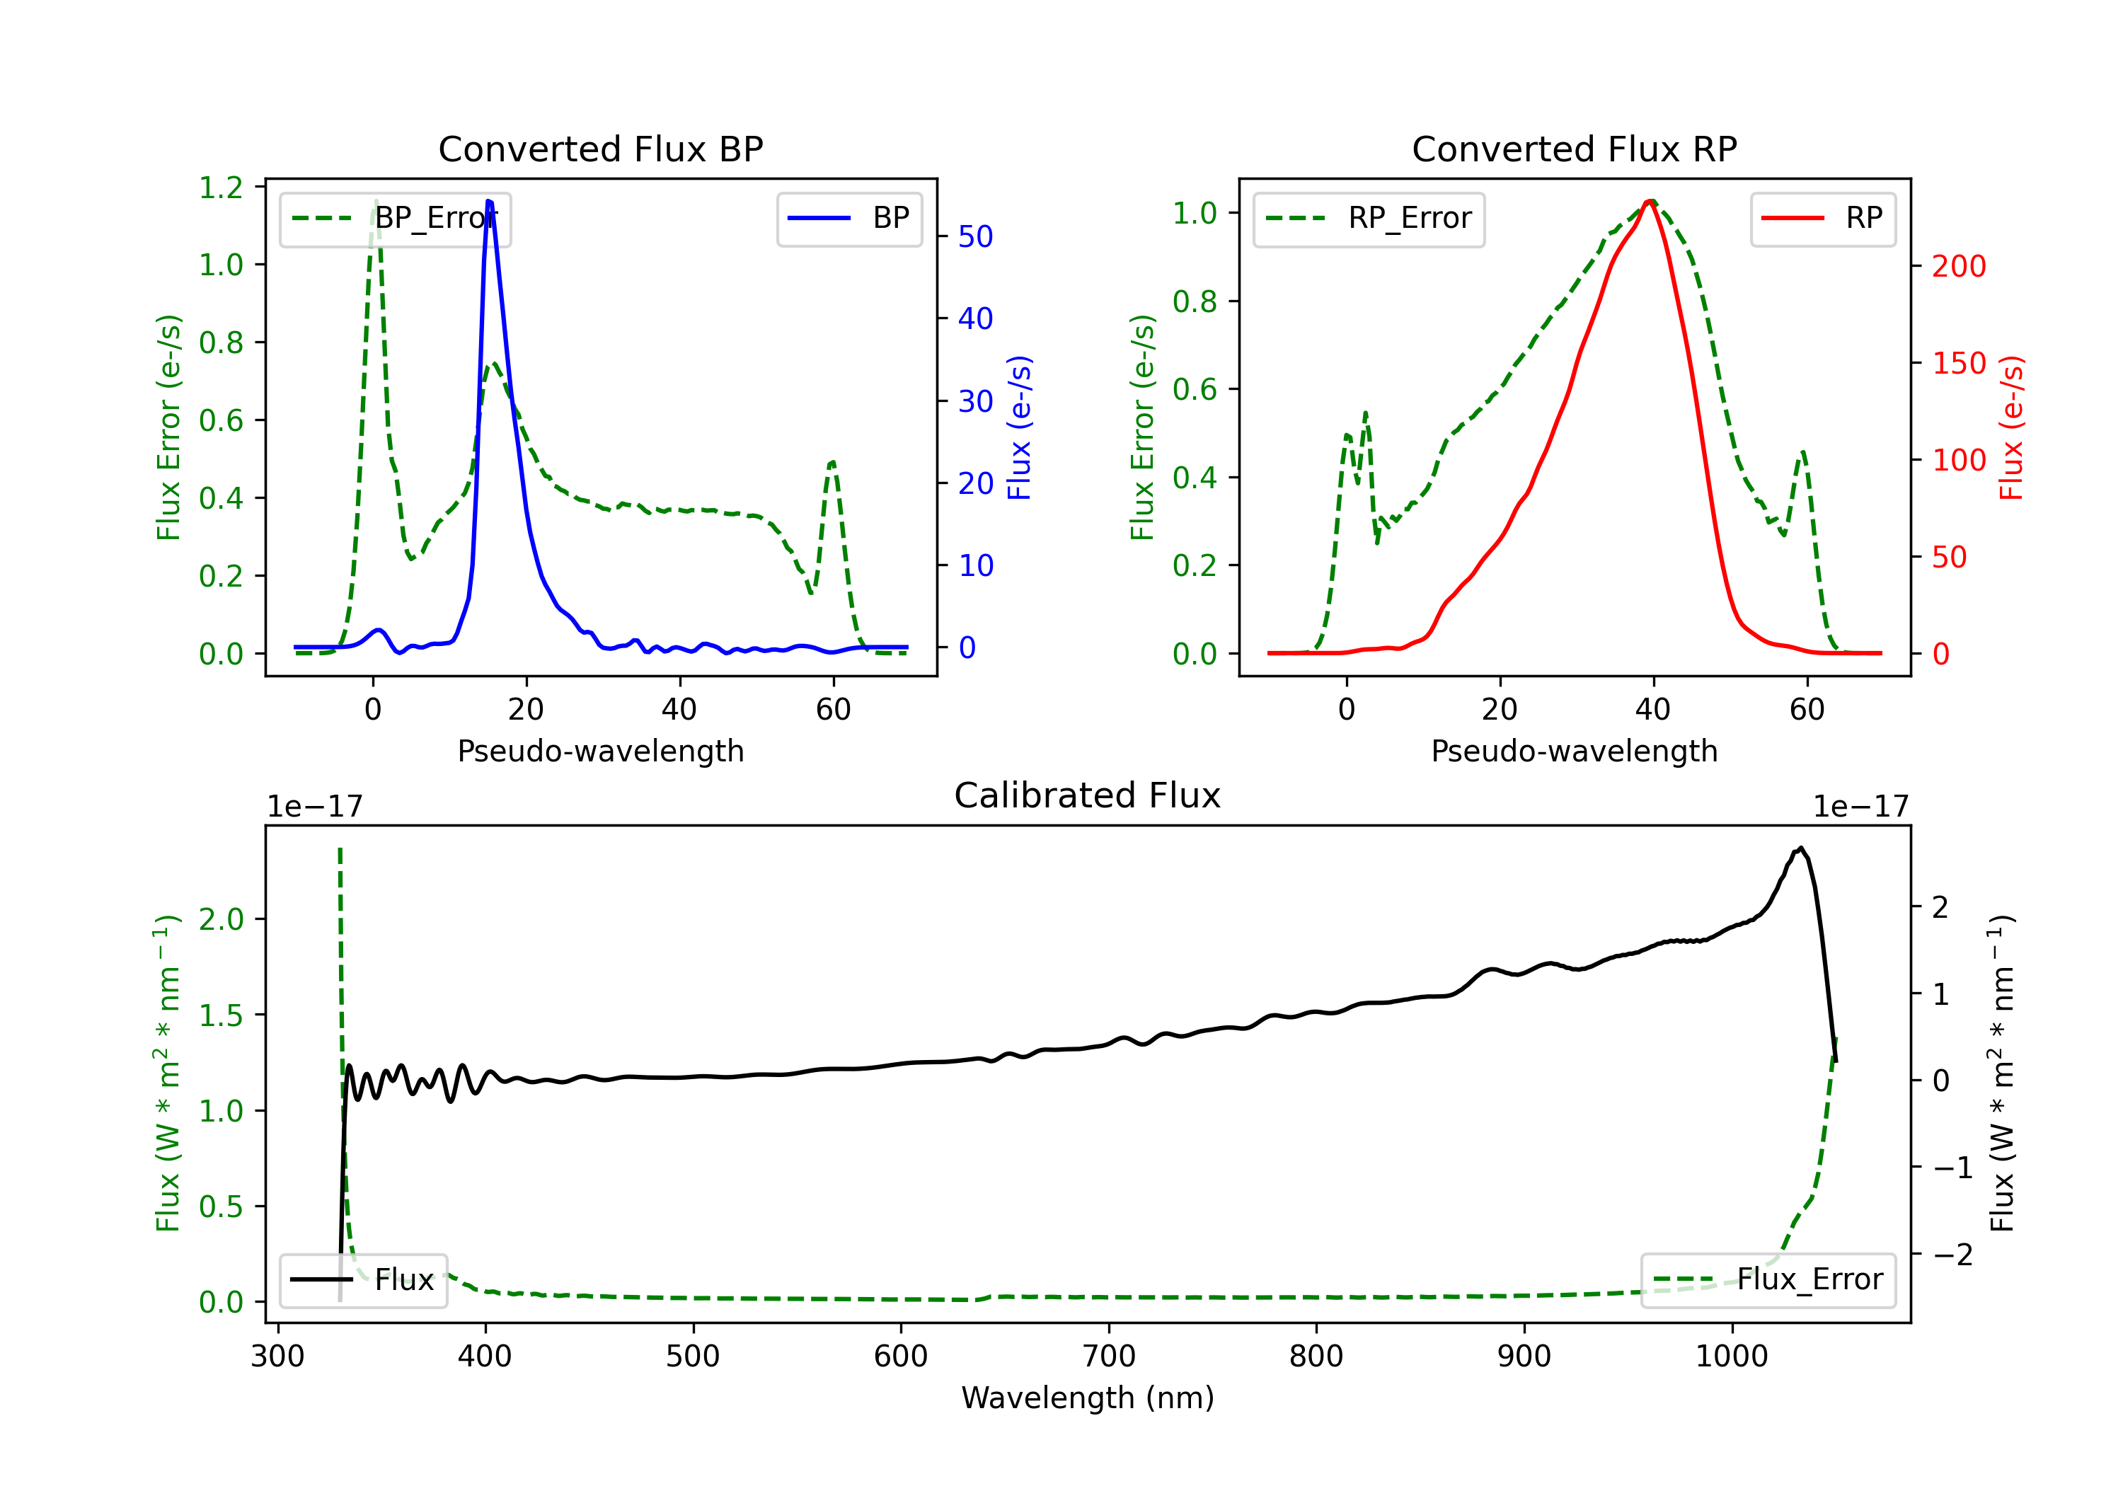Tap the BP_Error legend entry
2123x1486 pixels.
(395, 218)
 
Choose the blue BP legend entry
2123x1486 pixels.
(848, 218)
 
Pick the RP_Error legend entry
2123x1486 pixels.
(1369, 218)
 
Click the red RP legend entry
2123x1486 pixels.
(1822, 218)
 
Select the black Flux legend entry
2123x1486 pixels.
(364, 1280)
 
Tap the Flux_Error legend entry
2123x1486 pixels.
(1768, 1280)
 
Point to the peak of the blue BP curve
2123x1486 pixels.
(489, 202)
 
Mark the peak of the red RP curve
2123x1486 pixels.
(1650, 201)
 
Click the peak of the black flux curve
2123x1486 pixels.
(1800, 848)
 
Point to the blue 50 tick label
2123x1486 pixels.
(974, 237)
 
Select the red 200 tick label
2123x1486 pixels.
(1958, 266)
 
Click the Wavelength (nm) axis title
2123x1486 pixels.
(1088, 1398)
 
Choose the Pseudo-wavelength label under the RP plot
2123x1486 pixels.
(1574, 751)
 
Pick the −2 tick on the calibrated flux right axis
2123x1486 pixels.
(1952, 1255)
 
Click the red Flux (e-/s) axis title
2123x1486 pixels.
(2010, 427)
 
